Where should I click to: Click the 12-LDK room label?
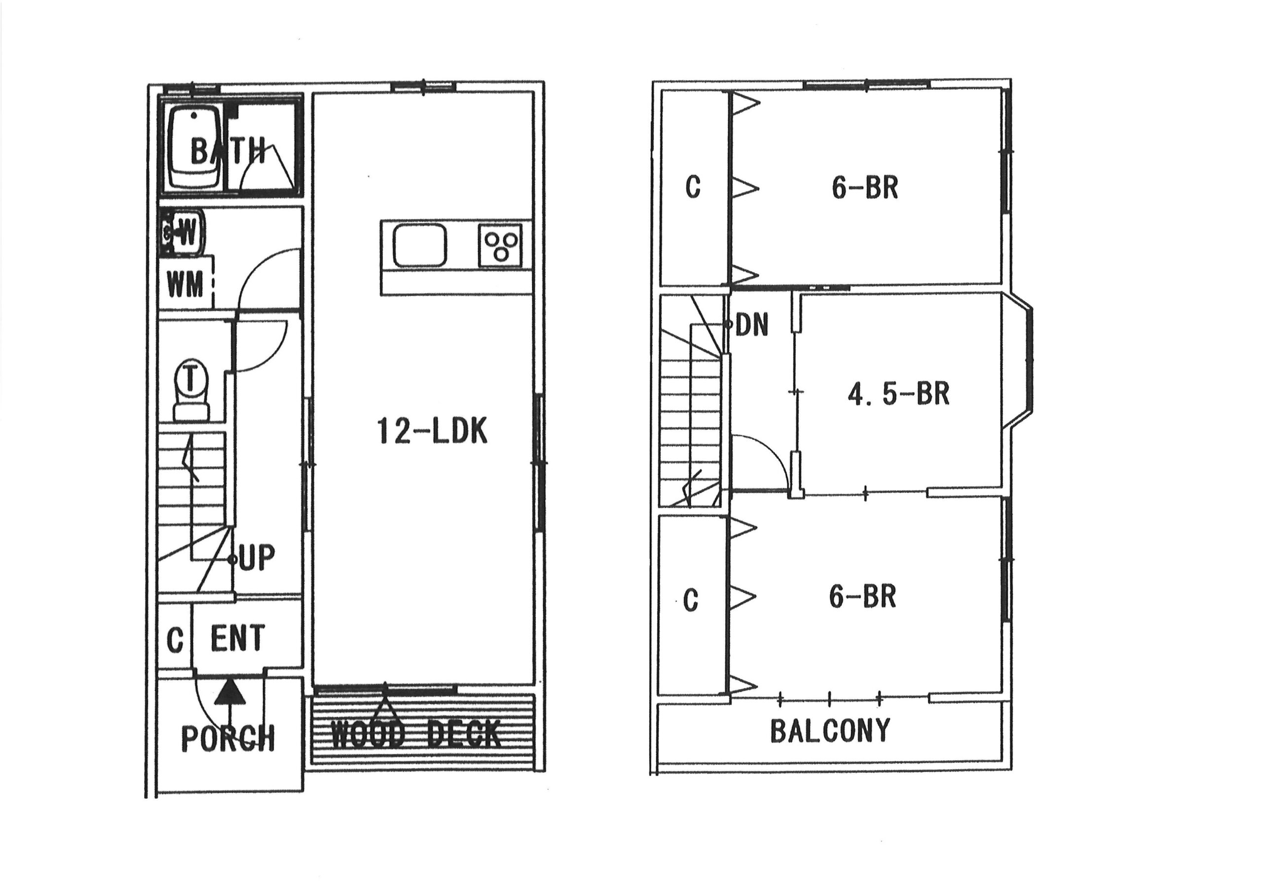click(432, 431)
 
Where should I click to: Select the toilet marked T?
click(191, 391)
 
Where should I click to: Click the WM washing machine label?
click(185, 285)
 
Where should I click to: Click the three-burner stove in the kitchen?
click(500, 245)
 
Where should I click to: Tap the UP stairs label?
click(257, 558)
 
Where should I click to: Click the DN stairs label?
click(751, 325)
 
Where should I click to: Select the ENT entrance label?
click(238, 638)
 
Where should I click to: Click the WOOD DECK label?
click(416, 734)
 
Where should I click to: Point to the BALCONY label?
click(829, 730)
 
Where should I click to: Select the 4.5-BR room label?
click(898, 394)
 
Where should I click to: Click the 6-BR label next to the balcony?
click(862, 597)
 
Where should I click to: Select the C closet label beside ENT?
click(175, 640)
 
